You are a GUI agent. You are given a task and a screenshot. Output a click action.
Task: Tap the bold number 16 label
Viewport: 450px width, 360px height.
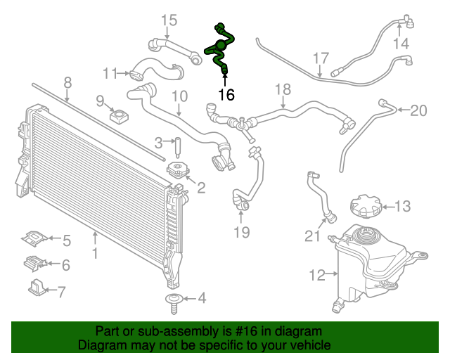[x=226, y=94]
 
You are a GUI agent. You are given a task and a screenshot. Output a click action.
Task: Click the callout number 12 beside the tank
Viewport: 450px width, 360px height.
[x=317, y=275]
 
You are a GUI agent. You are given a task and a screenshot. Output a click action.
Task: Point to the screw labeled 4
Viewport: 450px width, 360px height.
[x=174, y=304]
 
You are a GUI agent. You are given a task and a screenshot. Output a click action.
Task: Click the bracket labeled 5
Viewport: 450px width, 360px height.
[x=34, y=238]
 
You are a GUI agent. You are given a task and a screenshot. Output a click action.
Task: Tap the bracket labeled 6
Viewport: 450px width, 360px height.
[x=35, y=263]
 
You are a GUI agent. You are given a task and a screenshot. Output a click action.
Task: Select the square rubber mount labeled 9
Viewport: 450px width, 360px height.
[x=119, y=116]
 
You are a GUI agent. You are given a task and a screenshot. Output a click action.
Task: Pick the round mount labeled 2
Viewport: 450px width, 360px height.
[x=178, y=171]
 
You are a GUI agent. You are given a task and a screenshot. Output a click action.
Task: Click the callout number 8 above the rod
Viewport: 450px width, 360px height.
[x=67, y=83]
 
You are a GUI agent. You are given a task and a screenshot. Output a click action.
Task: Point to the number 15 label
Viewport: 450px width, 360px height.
[x=169, y=20]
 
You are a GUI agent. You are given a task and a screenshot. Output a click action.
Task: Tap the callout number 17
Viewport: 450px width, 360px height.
[x=321, y=58]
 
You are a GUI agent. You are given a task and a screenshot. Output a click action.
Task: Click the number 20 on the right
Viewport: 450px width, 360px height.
[x=419, y=110]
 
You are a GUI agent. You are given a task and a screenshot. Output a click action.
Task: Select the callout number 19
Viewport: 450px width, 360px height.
[x=242, y=232]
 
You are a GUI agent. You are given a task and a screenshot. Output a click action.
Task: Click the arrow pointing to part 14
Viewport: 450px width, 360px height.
[x=399, y=30]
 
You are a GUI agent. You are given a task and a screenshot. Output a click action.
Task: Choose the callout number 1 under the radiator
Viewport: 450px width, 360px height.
[x=95, y=253]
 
